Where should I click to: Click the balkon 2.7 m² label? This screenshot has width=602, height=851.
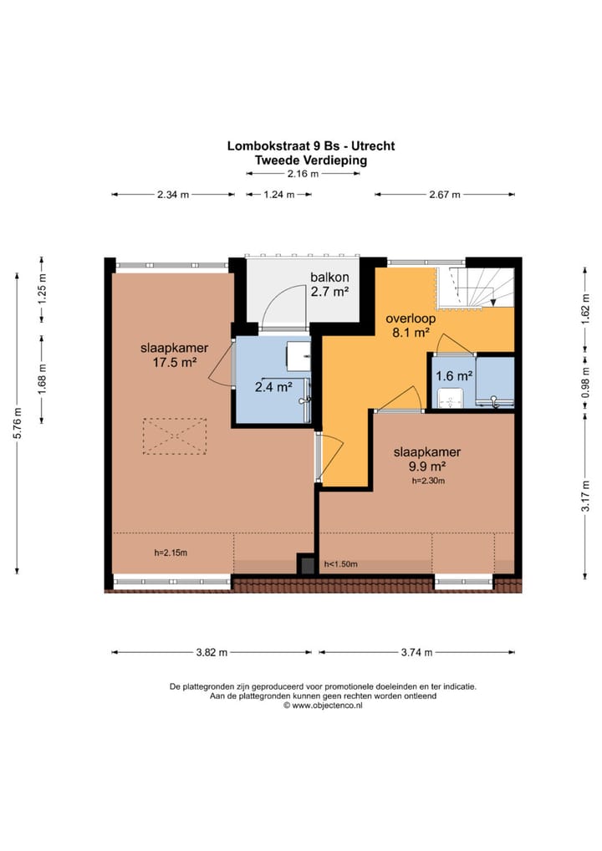(x=329, y=284)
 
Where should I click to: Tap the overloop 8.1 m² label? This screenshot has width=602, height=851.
(x=411, y=326)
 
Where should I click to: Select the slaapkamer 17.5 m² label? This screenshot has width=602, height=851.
(x=174, y=355)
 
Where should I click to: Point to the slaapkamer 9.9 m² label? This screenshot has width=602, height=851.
(x=427, y=459)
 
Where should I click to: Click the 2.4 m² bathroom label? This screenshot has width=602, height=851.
(x=273, y=387)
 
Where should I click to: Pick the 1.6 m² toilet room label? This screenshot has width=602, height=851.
(x=454, y=375)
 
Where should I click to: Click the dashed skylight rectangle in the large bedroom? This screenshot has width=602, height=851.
(x=175, y=436)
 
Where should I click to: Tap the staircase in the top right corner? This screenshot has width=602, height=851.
(x=476, y=288)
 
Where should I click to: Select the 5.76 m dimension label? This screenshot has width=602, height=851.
(x=18, y=423)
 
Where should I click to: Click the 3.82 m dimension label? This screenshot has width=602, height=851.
(x=212, y=652)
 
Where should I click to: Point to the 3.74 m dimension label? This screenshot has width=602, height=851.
(x=417, y=652)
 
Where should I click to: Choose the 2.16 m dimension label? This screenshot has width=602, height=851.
(x=303, y=174)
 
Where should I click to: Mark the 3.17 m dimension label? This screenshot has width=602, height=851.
(x=586, y=496)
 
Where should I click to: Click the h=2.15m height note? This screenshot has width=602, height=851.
(x=171, y=553)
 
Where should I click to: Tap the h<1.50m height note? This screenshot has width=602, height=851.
(x=341, y=564)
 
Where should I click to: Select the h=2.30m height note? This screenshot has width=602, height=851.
(x=428, y=481)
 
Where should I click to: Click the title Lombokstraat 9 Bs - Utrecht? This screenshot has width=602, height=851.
(x=311, y=145)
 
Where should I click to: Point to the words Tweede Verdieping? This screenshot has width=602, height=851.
(x=311, y=161)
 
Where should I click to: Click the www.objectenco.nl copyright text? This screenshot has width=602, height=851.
(x=323, y=706)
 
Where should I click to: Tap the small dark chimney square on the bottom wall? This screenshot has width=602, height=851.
(x=307, y=564)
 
